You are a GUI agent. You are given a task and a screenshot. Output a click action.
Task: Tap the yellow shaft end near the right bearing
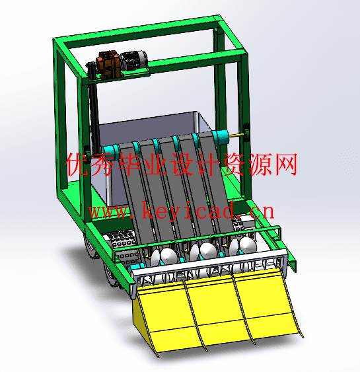236,135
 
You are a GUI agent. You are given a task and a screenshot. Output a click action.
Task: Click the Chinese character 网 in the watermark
285,165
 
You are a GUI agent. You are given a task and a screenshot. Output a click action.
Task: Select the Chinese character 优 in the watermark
77,165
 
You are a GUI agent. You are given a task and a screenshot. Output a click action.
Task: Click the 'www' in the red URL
108,212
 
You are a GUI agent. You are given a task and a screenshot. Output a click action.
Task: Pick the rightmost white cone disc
248,245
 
